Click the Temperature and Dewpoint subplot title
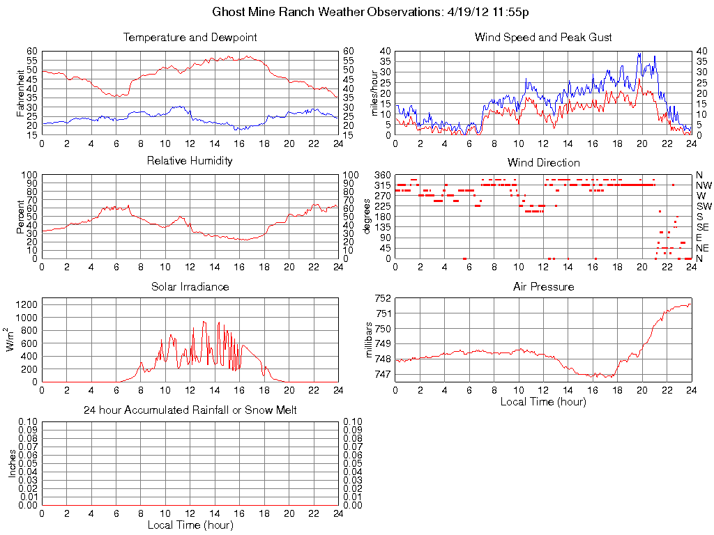pos(190,37)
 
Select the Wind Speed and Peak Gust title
pos(543,37)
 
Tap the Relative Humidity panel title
pos(190,161)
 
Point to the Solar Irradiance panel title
pos(190,286)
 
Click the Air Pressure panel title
pos(543,286)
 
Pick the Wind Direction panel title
pos(543,162)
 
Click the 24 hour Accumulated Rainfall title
pos(190,410)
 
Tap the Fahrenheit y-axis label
pos(21,93)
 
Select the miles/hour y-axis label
pos(374,93)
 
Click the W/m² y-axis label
pos(11,339)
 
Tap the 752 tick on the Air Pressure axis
pos(383,298)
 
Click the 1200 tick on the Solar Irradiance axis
pos(26,304)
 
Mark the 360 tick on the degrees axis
pos(381,175)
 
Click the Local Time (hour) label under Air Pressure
pos(543,401)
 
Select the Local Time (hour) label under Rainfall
pos(190,525)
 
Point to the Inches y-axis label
pos(11,463)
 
